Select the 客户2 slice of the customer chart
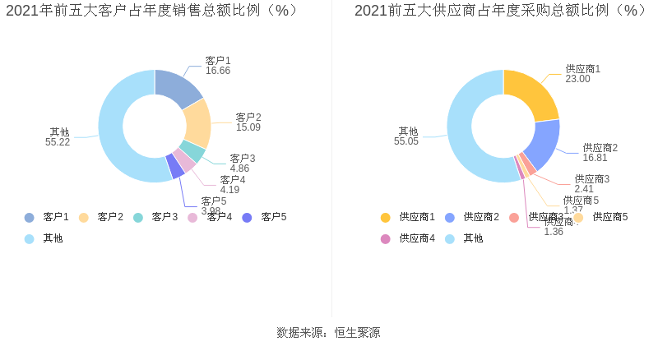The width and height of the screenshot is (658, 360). pyautogui.click(x=197, y=122)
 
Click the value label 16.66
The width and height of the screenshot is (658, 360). pyautogui.click(x=218, y=72)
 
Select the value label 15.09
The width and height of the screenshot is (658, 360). pyautogui.click(x=248, y=127)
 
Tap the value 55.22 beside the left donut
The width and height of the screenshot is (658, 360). pyautogui.click(x=58, y=142)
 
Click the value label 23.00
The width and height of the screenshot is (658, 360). pyautogui.click(x=577, y=79)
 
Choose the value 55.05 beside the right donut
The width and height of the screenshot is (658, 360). pyautogui.click(x=406, y=141)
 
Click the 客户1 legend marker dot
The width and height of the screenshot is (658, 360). pyautogui.click(x=30, y=217)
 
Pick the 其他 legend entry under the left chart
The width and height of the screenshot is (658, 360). pyautogui.click(x=44, y=238)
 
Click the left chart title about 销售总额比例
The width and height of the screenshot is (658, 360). pyautogui.click(x=152, y=11)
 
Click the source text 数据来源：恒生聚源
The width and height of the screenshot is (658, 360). pyautogui.click(x=328, y=333)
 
